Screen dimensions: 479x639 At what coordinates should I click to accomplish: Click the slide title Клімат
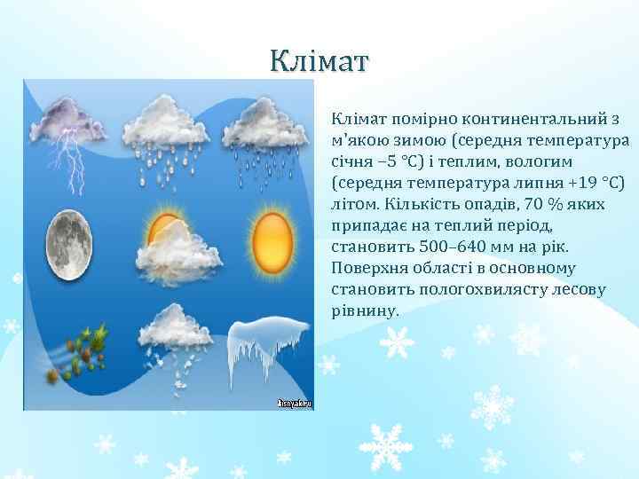[x=319, y=61]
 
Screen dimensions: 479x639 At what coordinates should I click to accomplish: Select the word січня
[x=352, y=162]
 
